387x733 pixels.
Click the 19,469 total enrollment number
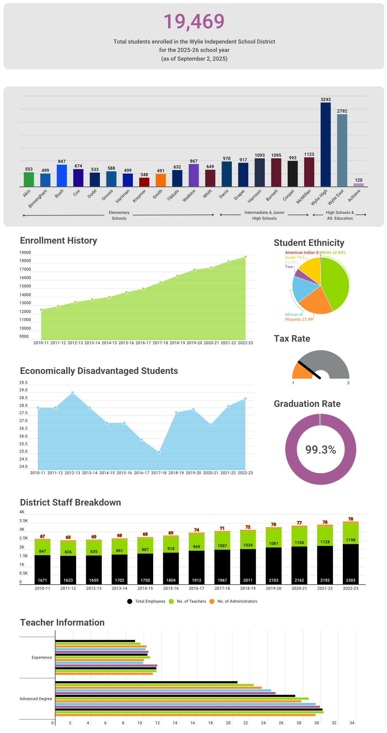pyautogui.click(x=194, y=22)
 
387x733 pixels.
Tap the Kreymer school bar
pyautogui.click(x=144, y=182)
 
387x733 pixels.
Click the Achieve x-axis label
pyautogui.click(x=354, y=196)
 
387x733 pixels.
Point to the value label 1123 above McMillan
pyautogui.click(x=309, y=155)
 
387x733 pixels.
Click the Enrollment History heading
pyautogui.click(x=58, y=241)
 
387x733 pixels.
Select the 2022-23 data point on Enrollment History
pyautogui.click(x=245, y=257)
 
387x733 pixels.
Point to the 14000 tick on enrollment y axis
pyautogui.click(x=25, y=295)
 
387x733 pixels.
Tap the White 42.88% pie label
pyautogui.click(x=333, y=253)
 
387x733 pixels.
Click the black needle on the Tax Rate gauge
pyautogui.click(x=309, y=370)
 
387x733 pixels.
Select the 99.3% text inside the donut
pyautogui.click(x=321, y=450)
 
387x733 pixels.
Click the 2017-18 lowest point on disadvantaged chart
pyautogui.click(x=159, y=452)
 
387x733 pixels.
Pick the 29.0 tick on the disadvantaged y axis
pyautogui.click(x=23, y=390)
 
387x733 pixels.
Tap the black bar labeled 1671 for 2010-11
pyautogui.click(x=43, y=569)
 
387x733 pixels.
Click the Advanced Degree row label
pyautogui.click(x=36, y=699)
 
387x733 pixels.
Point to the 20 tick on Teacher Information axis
pyautogui.click(x=228, y=723)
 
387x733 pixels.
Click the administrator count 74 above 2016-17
pyautogui.click(x=196, y=530)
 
